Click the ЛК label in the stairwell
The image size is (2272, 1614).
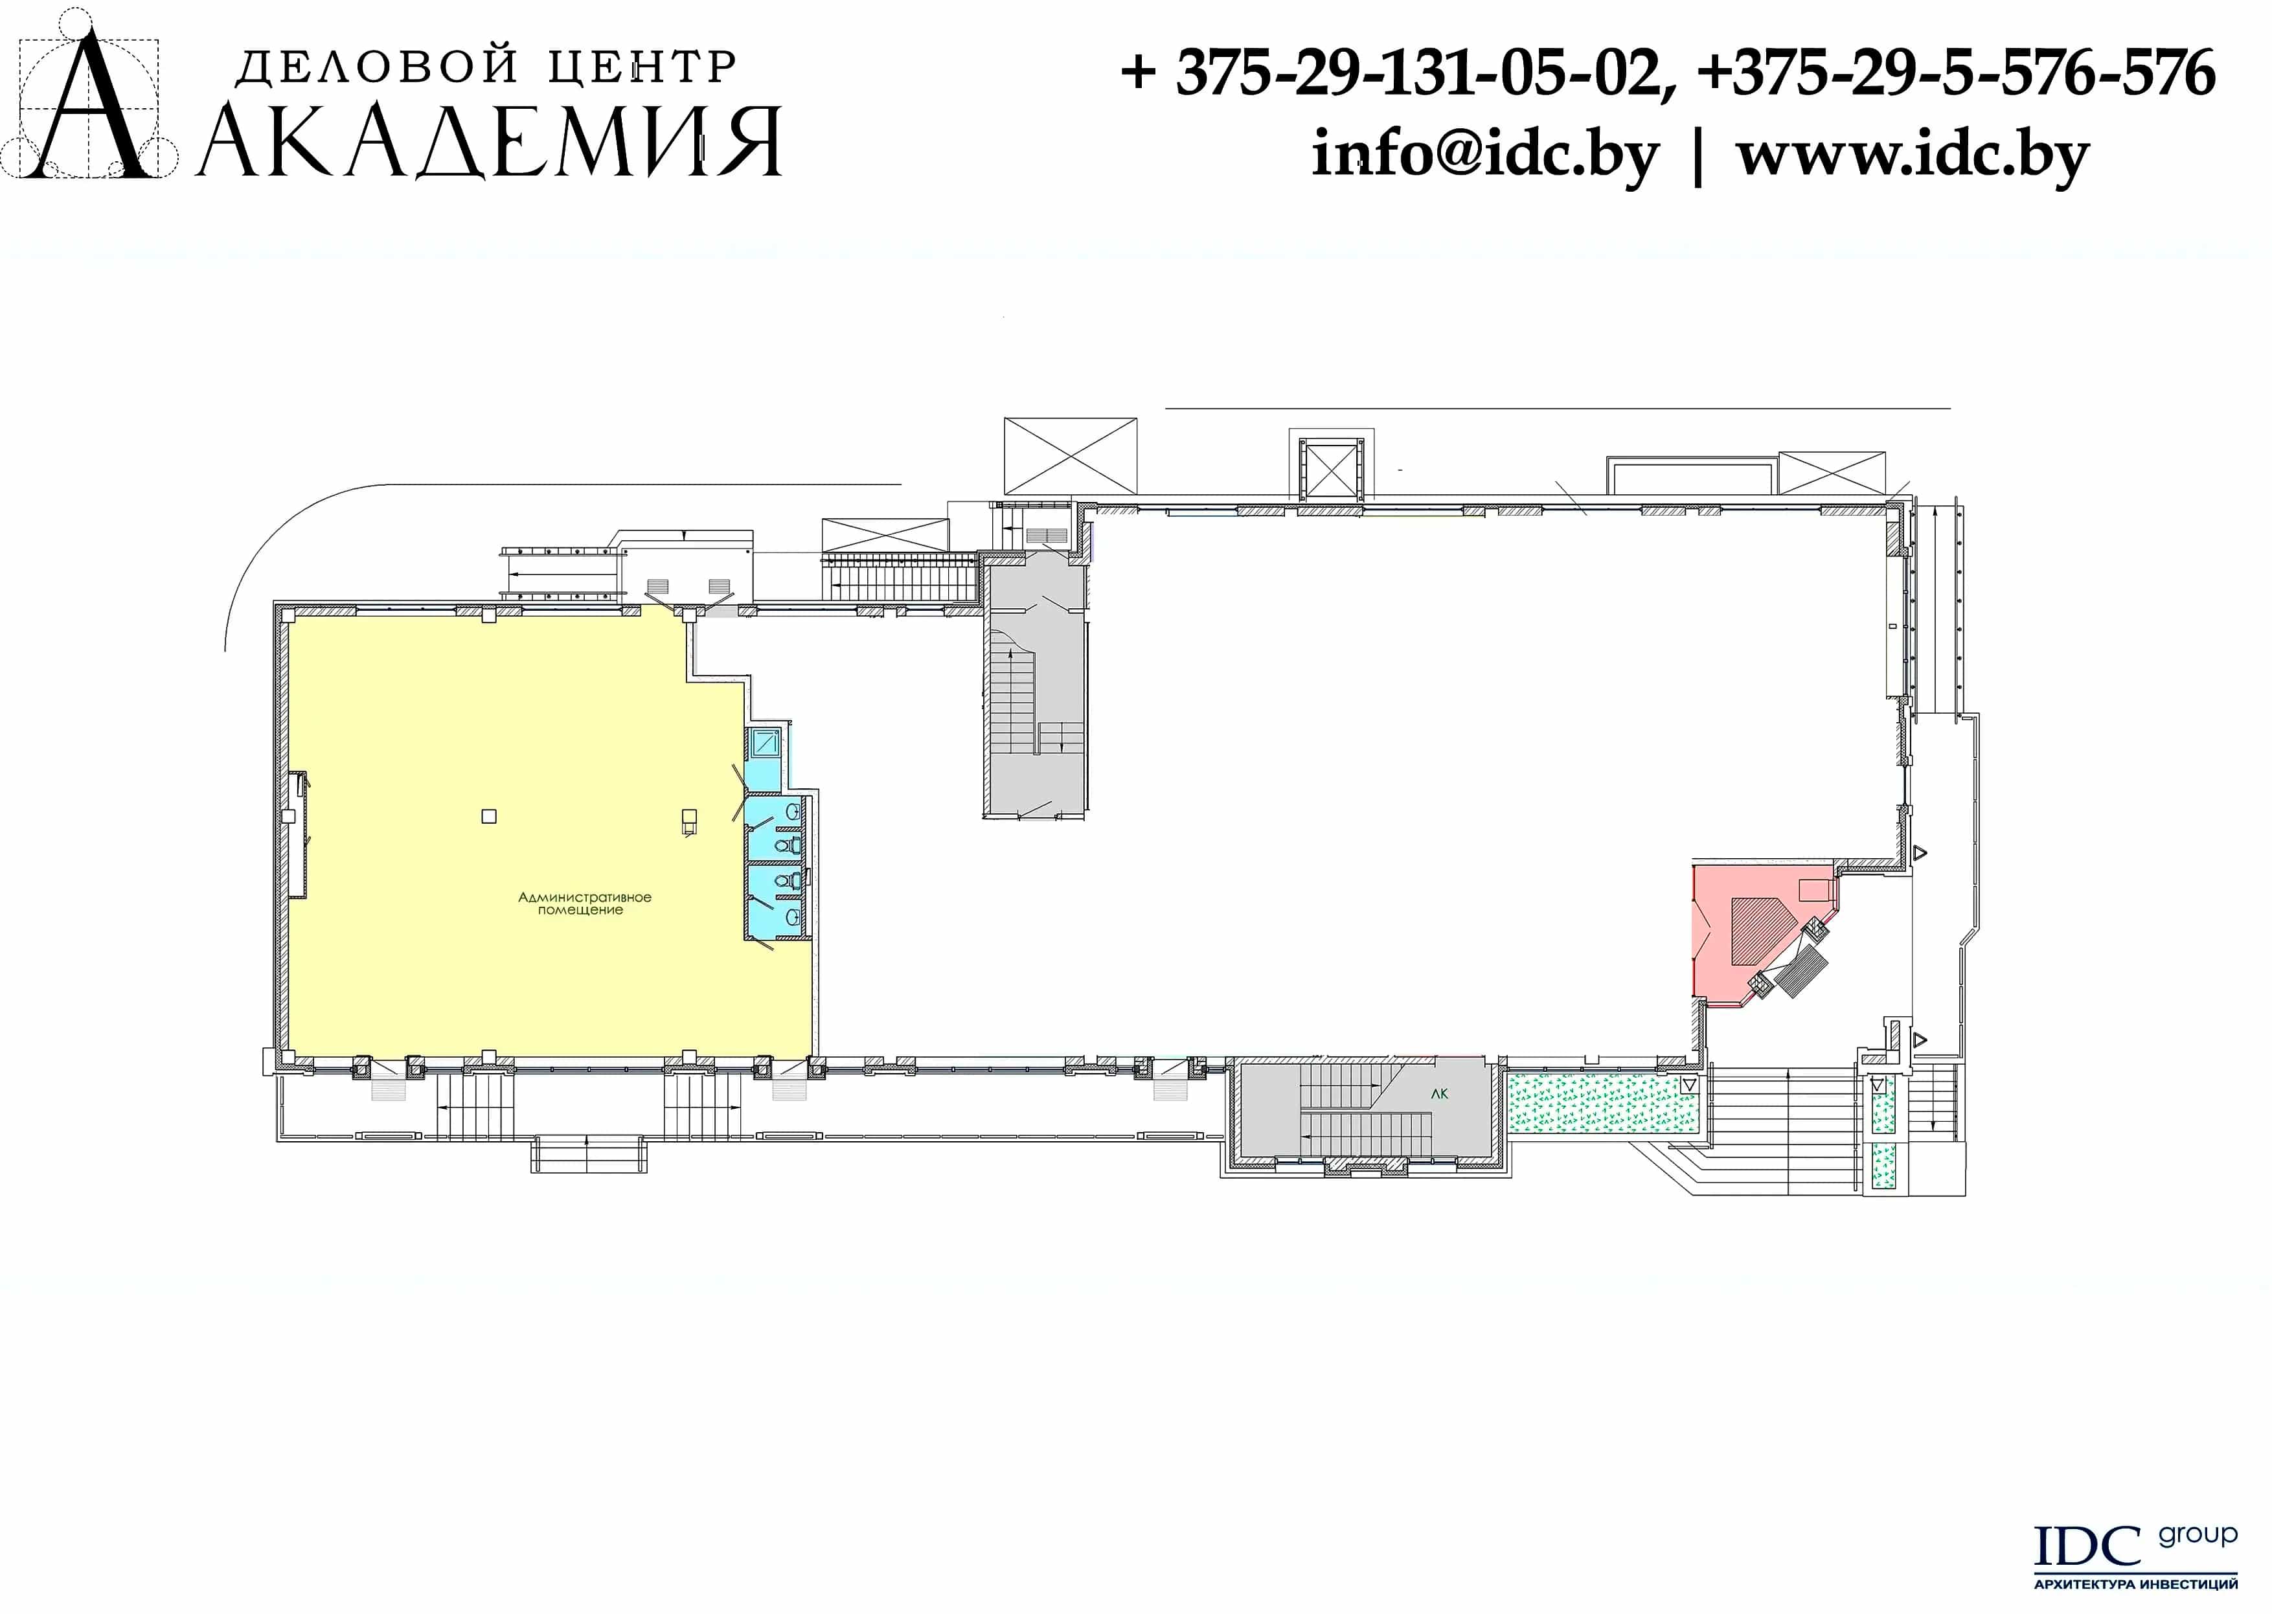[1439, 1094]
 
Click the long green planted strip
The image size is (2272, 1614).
[1602, 1103]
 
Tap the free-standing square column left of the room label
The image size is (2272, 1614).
[488, 816]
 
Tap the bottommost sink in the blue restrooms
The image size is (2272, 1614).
[792, 917]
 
